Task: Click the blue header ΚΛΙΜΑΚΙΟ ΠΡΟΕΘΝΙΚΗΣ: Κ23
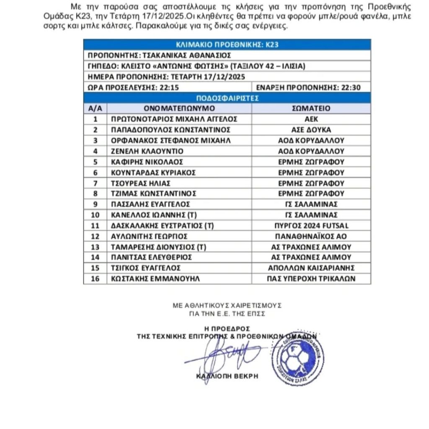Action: click(227, 45)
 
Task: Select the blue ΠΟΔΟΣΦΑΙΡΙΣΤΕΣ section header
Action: click(227, 98)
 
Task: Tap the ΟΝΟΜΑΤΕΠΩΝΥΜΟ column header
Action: click(179, 109)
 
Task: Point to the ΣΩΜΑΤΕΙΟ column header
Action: click(311, 109)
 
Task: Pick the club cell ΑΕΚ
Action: click(311, 119)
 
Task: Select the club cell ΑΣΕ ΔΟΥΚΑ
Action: click(311, 129)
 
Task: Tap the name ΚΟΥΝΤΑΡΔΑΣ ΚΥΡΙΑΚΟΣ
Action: click(153, 172)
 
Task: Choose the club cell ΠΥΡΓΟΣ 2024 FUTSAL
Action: click(311, 225)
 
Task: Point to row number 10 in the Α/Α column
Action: click(95, 215)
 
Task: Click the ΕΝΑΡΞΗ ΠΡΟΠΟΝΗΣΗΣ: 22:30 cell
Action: click(308, 88)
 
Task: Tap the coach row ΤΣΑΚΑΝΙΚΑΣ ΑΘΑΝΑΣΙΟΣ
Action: click(159, 56)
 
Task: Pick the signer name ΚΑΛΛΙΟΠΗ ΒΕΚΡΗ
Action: click(227, 376)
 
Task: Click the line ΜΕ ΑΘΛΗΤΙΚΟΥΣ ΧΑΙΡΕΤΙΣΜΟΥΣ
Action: click(227, 305)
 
